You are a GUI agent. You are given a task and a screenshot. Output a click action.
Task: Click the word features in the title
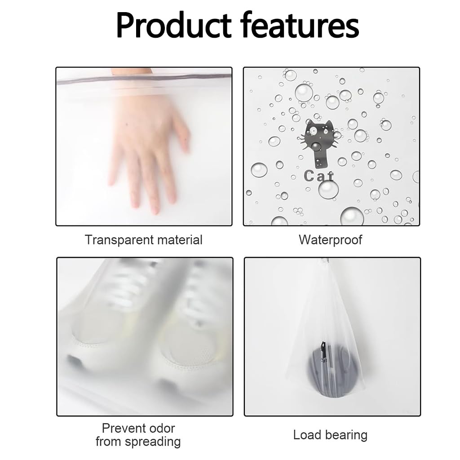[300, 26]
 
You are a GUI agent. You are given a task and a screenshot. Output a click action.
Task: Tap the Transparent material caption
[144, 240]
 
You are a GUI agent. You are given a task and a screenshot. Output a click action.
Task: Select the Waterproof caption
[331, 240]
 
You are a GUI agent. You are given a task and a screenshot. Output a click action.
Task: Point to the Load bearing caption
[330, 435]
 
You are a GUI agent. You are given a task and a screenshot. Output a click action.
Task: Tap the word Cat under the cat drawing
[319, 176]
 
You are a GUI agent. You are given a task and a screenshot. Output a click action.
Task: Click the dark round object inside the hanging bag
[327, 364]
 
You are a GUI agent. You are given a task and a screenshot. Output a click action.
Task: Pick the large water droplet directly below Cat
[328, 189]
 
